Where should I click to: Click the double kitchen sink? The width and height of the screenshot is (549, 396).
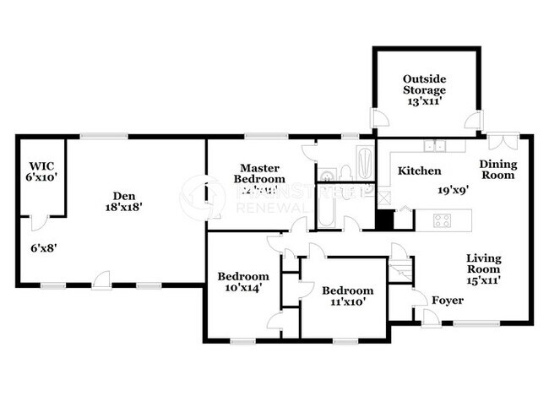pyautogui.click(x=436, y=145)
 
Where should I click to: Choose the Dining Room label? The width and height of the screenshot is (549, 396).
pyautogui.click(x=497, y=169)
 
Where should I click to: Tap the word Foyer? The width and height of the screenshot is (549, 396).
pyautogui.click(x=447, y=301)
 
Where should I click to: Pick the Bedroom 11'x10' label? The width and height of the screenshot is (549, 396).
pyautogui.click(x=347, y=296)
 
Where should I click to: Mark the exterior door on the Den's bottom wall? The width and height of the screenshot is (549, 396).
pyautogui.click(x=102, y=279)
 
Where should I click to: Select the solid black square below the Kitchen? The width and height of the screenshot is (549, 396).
pyautogui.click(x=384, y=220)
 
